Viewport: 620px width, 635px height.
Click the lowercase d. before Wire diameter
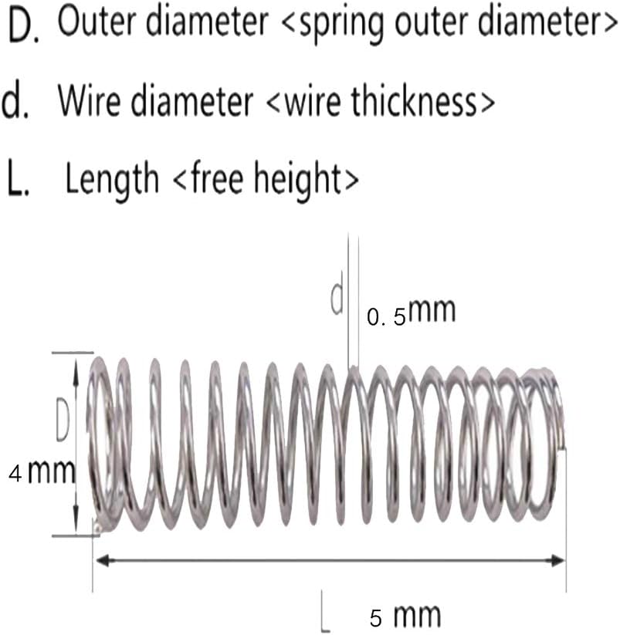(15, 101)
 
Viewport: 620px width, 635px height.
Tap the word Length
(112, 178)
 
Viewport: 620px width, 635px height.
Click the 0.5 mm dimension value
(412, 312)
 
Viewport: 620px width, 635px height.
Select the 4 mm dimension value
(42, 471)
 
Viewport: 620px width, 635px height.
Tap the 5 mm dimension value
(405, 616)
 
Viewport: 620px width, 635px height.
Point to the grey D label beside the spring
(63, 420)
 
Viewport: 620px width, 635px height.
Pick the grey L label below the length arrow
(325, 612)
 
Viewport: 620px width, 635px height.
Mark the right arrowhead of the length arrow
(557, 561)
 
